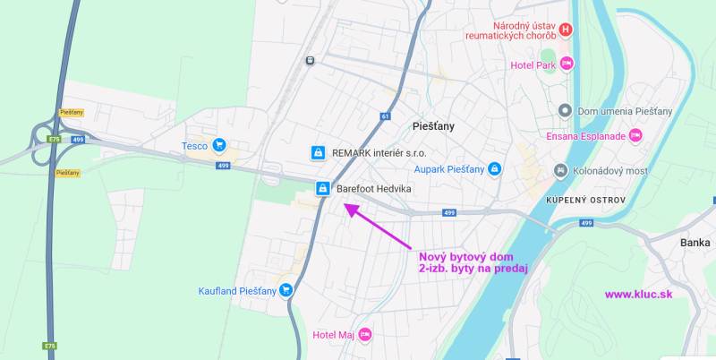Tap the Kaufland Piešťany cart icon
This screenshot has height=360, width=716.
(x=286, y=289)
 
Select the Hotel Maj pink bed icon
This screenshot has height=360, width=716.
(x=364, y=335)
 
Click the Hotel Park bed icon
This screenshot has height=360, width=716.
(x=566, y=64)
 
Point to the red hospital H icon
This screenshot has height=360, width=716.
(x=565, y=30)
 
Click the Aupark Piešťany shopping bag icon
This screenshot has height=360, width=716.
(x=494, y=168)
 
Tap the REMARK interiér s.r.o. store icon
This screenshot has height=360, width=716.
(x=317, y=153)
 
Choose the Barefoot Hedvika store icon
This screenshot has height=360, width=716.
(x=322, y=189)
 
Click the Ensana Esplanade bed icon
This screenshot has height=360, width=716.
(x=635, y=136)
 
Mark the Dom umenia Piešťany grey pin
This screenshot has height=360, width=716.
(x=565, y=110)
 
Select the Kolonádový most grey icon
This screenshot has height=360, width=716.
(x=560, y=169)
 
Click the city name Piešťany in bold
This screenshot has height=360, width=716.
(x=434, y=126)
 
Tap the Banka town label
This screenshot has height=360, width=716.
(x=695, y=243)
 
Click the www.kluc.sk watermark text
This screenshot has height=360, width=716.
(x=638, y=294)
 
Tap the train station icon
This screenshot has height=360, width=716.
(x=310, y=61)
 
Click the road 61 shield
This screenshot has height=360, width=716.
(x=385, y=116)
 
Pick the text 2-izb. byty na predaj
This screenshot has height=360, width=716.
(x=473, y=268)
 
